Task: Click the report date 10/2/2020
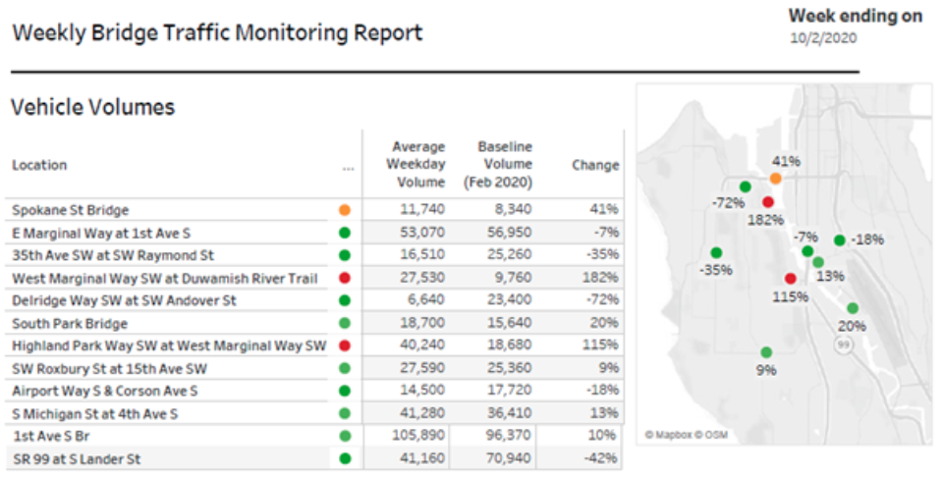coord(823,38)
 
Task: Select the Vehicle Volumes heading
coord(92,108)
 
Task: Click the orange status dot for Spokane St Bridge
coord(345,210)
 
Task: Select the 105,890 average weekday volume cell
coord(417,435)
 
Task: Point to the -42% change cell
coord(598,457)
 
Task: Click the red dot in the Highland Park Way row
coord(345,345)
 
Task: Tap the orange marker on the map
coord(776,179)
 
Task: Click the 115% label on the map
coord(790,296)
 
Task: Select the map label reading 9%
coord(766,370)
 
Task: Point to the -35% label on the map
coord(715,270)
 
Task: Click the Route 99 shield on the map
coord(842,345)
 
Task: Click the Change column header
coord(595,165)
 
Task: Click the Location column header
coord(39,165)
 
